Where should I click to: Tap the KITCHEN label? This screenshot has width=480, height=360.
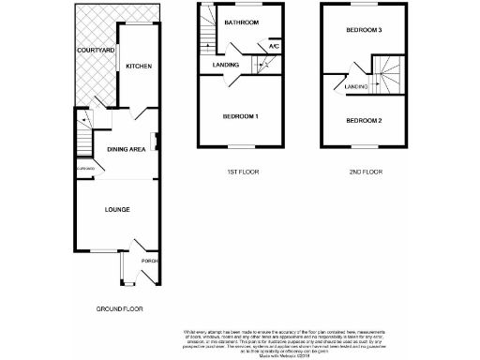click(139, 66)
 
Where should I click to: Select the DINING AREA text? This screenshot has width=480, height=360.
click(125, 149)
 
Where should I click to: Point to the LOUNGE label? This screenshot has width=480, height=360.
click(116, 209)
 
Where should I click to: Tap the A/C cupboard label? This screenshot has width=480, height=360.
click(274, 46)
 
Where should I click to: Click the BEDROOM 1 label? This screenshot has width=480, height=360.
click(240, 116)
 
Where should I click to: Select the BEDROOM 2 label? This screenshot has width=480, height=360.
click(364, 121)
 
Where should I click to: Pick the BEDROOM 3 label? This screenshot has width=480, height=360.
click(364, 31)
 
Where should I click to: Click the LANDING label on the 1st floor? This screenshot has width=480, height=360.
click(225, 65)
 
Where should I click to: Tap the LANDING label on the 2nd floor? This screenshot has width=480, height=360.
click(355, 87)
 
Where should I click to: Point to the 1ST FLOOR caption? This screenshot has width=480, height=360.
click(241, 172)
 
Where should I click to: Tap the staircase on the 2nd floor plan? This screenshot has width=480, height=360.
click(387, 74)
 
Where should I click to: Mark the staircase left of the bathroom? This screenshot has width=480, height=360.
click(204, 37)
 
